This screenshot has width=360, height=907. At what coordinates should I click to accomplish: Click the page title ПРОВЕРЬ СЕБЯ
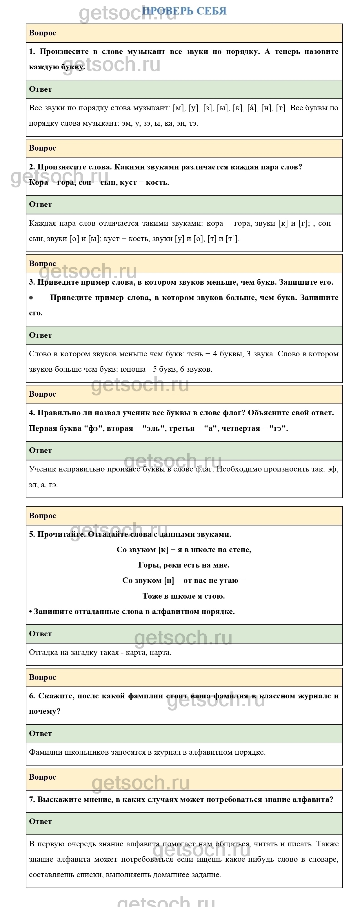(184, 11)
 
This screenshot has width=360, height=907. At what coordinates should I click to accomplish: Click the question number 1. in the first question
(32, 51)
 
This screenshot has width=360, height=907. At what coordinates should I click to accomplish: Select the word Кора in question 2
(38, 183)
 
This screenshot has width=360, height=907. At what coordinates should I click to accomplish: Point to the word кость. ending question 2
(158, 183)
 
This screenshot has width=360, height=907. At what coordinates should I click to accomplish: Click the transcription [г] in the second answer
(303, 223)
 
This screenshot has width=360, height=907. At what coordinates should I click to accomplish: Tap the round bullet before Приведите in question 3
(31, 297)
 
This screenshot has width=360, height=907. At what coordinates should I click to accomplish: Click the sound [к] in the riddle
(163, 550)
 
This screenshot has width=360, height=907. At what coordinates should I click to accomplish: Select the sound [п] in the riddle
(169, 581)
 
